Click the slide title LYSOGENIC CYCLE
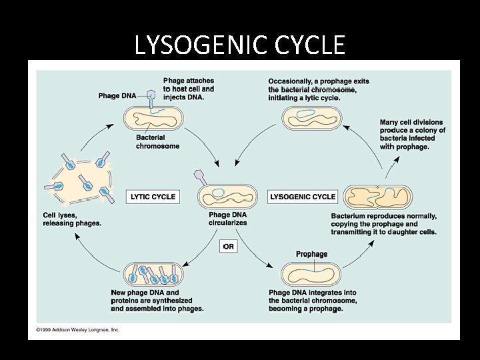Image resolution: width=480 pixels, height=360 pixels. pyautogui.click(x=239, y=45)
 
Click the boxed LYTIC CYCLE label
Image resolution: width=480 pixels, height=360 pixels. pyautogui.click(x=153, y=197)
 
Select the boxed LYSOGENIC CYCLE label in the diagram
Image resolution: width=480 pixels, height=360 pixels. pyautogui.click(x=303, y=197)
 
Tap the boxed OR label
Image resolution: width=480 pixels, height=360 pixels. pyautogui.click(x=228, y=246)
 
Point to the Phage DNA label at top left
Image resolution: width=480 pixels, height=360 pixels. pyautogui.click(x=117, y=96)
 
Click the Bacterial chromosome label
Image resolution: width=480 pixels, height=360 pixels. pyautogui.click(x=157, y=141)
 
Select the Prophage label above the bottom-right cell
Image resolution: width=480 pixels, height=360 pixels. pyautogui.click(x=311, y=254)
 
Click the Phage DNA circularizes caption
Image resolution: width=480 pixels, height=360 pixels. pyautogui.click(x=227, y=219)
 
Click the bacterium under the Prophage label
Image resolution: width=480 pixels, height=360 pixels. pyautogui.click(x=312, y=274)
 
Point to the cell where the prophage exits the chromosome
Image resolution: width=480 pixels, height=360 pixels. pyautogui.click(x=313, y=119)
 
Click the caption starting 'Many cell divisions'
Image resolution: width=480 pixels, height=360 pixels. pyautogui.click(x=412, y=135)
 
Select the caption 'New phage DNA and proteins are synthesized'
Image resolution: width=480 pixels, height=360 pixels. pyautogui.click(x=157, y=301)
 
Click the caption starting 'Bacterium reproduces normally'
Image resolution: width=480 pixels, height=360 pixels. pyautogui.click(x=384, y=223)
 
